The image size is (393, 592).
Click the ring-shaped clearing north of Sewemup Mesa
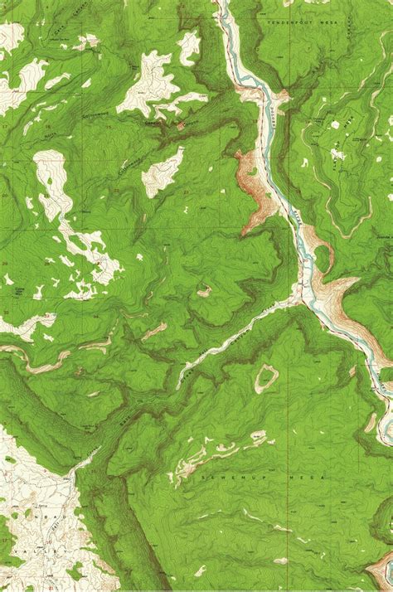(266, 379)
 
